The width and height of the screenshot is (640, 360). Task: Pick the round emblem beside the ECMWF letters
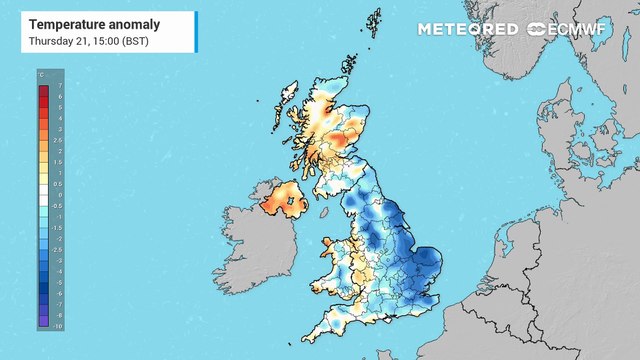(x=531, y=29)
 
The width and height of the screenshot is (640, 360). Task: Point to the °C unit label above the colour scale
(x=40, y=76)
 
